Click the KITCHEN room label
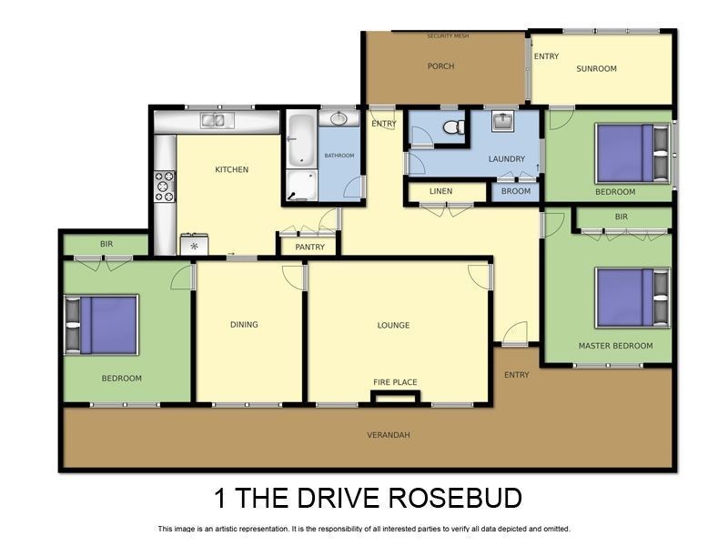point(231,169)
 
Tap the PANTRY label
point(310,246)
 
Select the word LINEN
point(440,191)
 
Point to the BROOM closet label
point(516,191)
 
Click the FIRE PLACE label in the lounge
point(395,382)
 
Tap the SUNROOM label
point(597,68)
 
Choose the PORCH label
point(440,66)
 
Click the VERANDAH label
point(389,435)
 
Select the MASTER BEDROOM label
point(616,346)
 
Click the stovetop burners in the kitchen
point(165,186)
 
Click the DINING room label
point(244,325)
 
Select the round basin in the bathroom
point(339,119)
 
